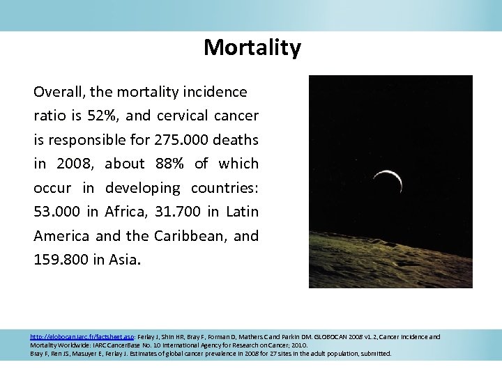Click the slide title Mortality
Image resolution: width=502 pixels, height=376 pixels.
click(252, 47)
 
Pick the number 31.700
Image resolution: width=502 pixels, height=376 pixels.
click(168, 211)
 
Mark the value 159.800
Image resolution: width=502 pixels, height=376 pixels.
click(61, 259)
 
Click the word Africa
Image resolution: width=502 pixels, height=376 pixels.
click(121, 211)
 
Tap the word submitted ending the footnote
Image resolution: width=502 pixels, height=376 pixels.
click(376, 354)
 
